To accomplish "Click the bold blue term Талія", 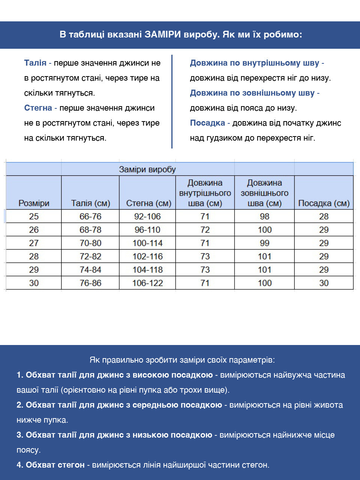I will pos(35,63).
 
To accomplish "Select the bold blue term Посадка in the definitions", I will pos(207,123).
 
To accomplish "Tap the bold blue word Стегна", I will pos(38,108).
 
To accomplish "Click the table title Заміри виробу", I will pos(147,169).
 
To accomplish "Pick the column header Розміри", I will pos(34,203).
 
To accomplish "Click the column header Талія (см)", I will pos(90,203).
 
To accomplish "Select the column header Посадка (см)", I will pos(324,203).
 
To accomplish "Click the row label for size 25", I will pos(34,216).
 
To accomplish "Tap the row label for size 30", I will pos(34,283).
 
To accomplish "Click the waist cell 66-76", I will pos(90,216).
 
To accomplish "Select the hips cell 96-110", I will pos(147,230).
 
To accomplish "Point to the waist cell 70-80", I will pos(90,243).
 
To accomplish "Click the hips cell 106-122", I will pos(147,283).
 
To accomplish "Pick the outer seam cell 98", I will pos(264,216).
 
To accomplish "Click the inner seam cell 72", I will pos(205,230).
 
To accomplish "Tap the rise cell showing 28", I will pos(324,216).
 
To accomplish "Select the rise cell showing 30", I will pos(324,283).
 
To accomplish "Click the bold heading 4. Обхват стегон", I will pos(51,465).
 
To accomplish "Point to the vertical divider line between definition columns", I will pos(172,101).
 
